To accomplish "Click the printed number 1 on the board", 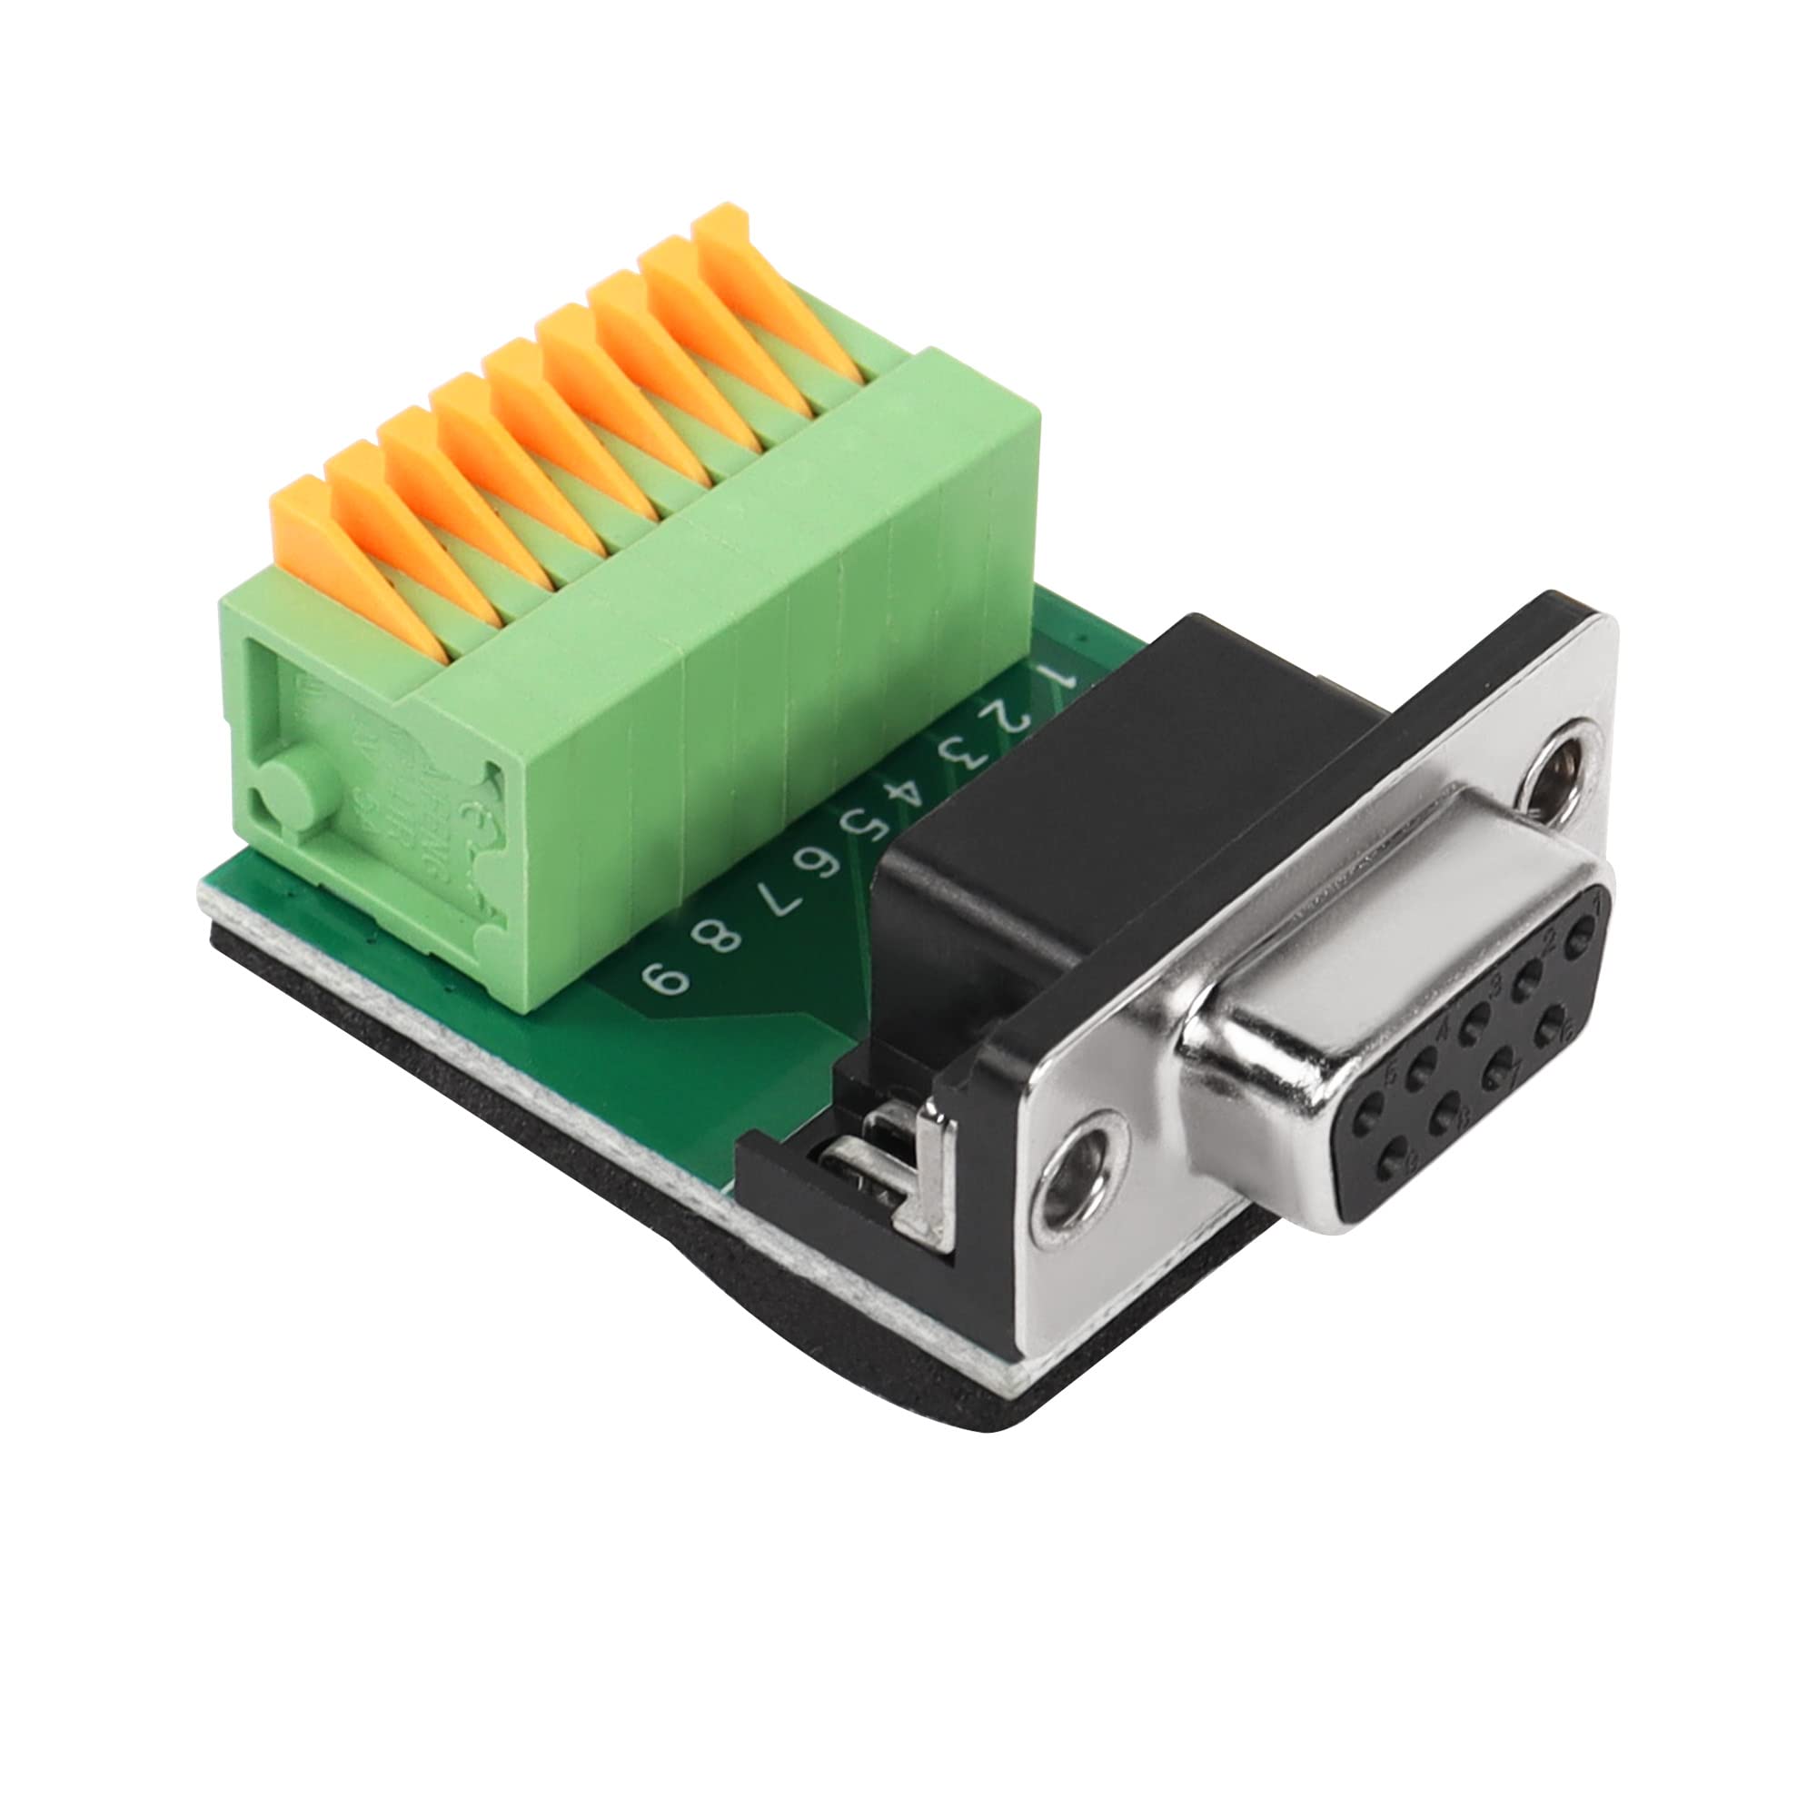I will coord(1061,675).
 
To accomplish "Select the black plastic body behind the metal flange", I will coord(1081,799).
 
